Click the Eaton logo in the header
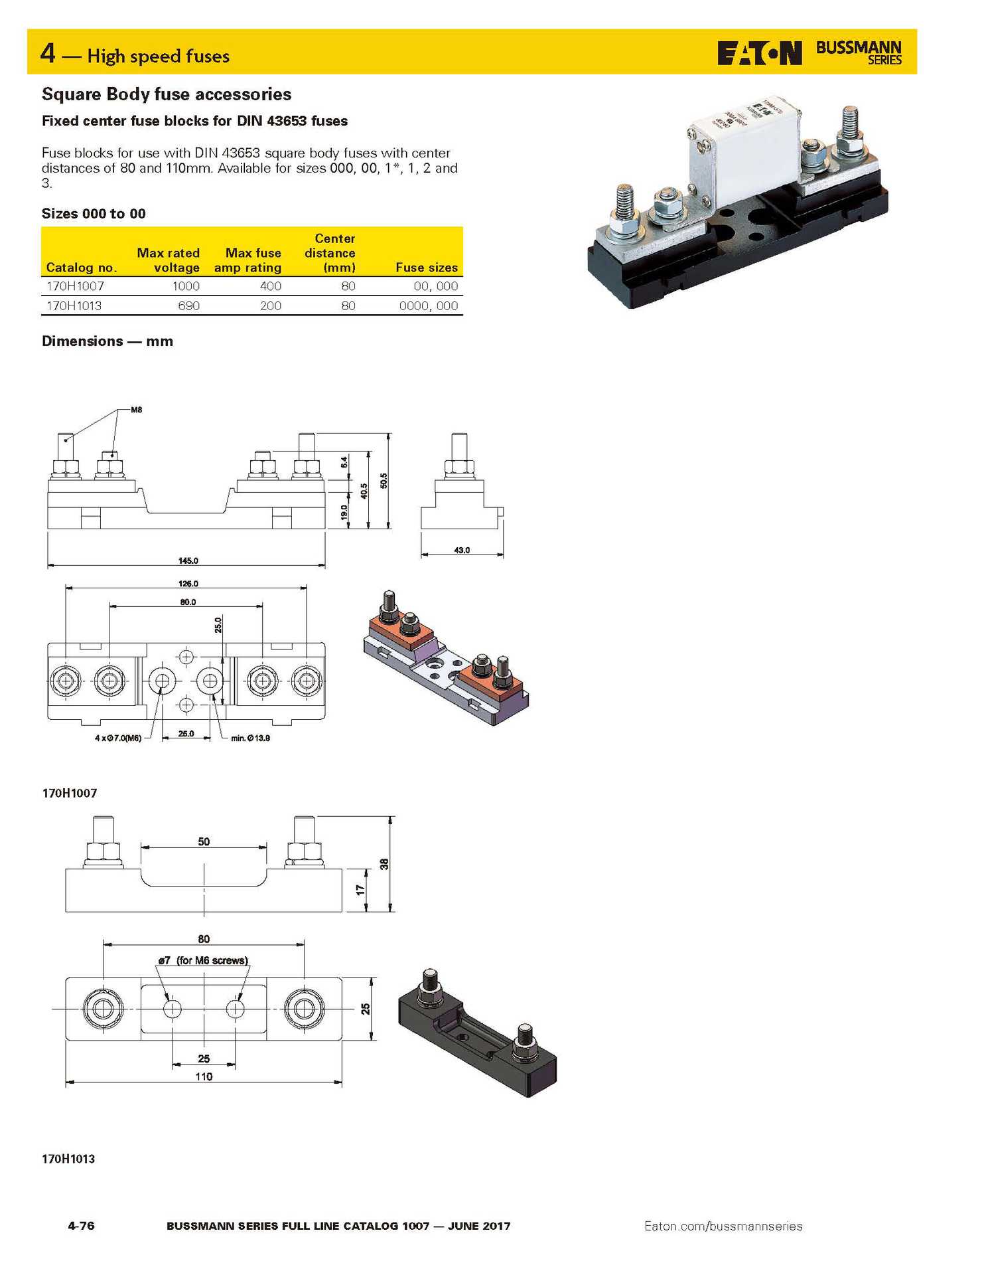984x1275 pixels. click(759, 53)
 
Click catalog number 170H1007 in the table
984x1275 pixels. click(75, 286)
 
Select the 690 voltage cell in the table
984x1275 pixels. click(188, 306)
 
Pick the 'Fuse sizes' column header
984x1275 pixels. click(426, 268)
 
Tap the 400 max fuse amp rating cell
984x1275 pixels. click(270, 286)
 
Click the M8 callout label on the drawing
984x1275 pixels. click(136, 410)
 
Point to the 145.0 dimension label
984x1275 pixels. click(188, 560)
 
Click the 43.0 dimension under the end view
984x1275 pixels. click(462, 550)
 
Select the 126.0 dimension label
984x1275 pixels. click(188, 584)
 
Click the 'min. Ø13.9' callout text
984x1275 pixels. click(250, 738)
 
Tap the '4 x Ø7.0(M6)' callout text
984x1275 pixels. click(118, 738)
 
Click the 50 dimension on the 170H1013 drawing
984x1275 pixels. click(204, 841)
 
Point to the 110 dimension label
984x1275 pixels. click(204, 1076)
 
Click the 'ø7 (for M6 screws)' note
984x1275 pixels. click(202, 960)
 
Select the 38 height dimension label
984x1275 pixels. click(384, 864)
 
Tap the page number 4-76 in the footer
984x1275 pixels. click(81, 1226)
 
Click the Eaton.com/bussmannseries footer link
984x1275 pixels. click(723, 1226)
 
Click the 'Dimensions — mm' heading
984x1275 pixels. click(107, 341)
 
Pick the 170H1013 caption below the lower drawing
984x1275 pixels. click(68, 1159)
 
